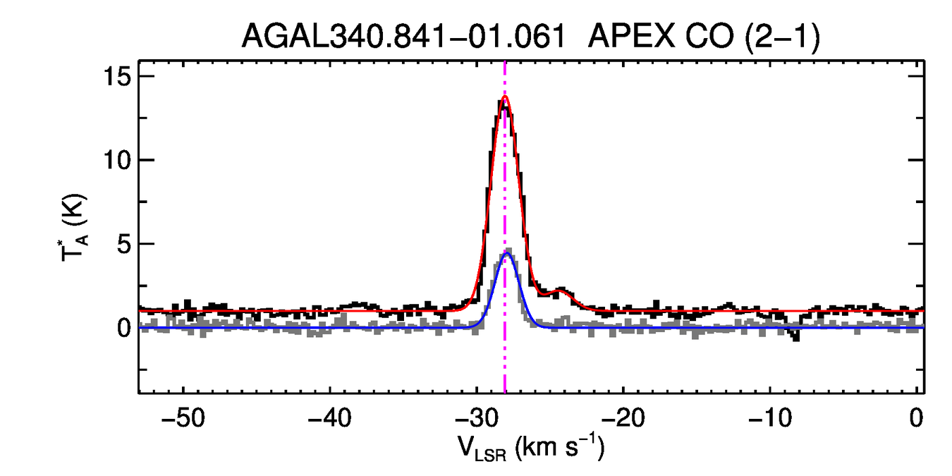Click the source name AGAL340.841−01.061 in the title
click(x=403, y=36)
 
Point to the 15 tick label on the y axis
click(x=118, y=76)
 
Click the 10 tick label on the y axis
click(x=118, y=160)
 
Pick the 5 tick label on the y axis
click(x=124, y=244)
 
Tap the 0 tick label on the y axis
click(x=124, y=328)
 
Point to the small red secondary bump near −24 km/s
click(x=561, y=289)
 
